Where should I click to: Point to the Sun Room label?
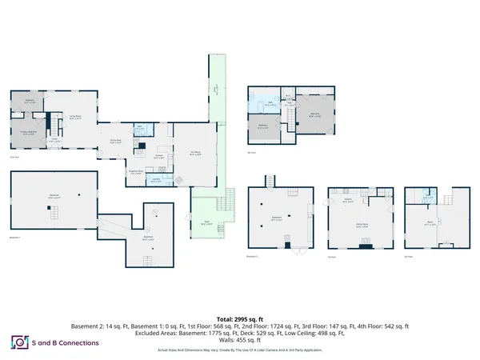194,153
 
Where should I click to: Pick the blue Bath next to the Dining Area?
139,127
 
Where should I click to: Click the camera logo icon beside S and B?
18,342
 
